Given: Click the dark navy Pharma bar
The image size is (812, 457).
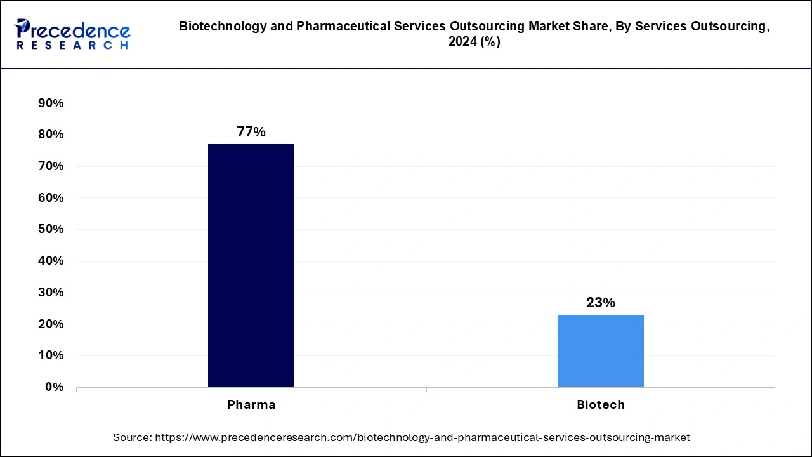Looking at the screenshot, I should pos(251,265).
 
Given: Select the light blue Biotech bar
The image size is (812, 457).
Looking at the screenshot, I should pos(600,350).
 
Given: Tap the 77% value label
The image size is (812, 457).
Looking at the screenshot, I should pos(251,132).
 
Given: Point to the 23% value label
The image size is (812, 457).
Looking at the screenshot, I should pos(600,303).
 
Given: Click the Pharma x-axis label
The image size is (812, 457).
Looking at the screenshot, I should pos(251,405).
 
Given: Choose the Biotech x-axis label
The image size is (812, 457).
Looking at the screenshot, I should pos(600,405).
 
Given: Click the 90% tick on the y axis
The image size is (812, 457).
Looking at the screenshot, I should pos(51,103).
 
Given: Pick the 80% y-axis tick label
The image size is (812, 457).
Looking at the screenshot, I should pos(51,135).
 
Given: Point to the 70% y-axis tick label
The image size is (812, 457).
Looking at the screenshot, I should pos(51,166).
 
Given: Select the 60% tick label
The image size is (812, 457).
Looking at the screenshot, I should pos(51,198).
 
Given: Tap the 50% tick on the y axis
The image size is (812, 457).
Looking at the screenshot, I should pos(51,229).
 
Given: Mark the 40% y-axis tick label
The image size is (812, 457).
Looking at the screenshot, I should pos(51,261).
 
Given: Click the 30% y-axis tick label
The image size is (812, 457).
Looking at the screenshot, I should pos(51,293).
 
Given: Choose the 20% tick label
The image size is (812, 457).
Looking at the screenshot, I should pos(51,324).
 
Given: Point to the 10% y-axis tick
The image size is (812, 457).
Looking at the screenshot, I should pos(51,355).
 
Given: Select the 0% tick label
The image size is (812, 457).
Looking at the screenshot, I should pos(54,387).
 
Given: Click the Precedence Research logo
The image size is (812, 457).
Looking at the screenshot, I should pos(72,34).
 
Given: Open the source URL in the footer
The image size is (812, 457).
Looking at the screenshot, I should pos(422,437).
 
